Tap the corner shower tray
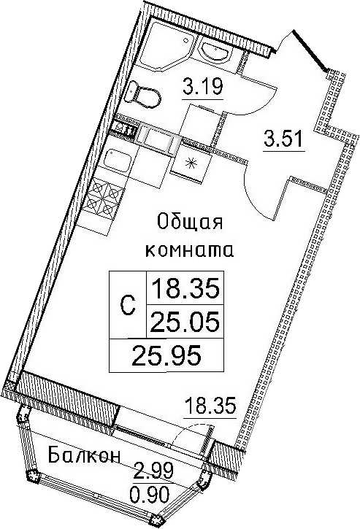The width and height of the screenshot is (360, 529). click(166, 43)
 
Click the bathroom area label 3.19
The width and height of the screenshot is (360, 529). click(202, 86)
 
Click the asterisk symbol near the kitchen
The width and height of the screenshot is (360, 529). click(191, 163)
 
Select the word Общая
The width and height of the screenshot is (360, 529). click(190, 223)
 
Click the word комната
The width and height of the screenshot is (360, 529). click(189, 250)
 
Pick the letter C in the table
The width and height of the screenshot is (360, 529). click(128, 306)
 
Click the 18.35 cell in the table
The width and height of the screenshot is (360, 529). click(185, 288)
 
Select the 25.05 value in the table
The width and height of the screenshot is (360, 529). click(185, 321)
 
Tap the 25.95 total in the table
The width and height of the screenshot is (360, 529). click(166, 355)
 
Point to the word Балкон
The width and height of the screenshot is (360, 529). click(85, 457)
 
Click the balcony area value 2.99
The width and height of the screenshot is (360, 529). click(153, 471)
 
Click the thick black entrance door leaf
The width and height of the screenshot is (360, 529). click(310, 50)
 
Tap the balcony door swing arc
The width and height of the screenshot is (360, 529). click(189, 431)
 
